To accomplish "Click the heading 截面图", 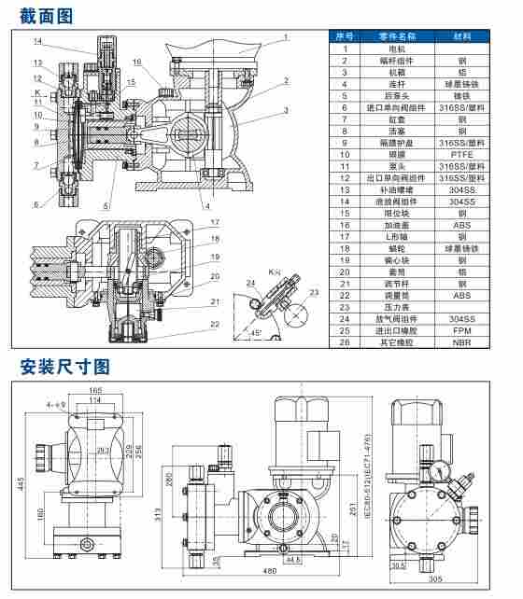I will coord(46,15).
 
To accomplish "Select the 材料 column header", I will coord(461,35).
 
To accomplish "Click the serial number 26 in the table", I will coord(345,342).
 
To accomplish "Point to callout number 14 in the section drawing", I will coord(37,41).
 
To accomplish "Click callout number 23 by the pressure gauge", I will coord(314,293).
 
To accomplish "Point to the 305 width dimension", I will coord(435,579).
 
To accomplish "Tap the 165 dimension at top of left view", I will coord(95,390).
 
